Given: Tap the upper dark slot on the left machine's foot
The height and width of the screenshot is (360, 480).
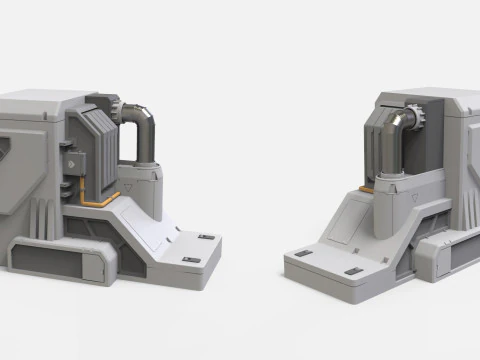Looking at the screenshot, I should tap(206, 237).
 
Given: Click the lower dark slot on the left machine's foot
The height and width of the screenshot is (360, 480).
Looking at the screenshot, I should tap(191, 260).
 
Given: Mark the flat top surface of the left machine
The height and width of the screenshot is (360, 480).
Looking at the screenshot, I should tap(40, 100).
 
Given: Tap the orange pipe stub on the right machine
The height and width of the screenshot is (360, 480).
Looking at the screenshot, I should tap(367, 188).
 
